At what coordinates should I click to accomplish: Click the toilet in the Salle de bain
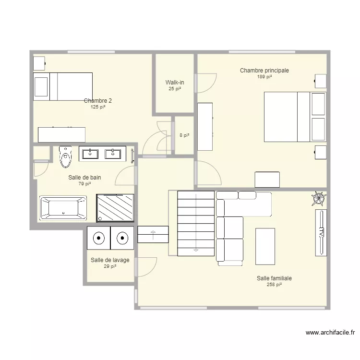pyautogui.click(x=65, y=157)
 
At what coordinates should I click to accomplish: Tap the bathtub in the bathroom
pyautogui.click(x=63, y=207)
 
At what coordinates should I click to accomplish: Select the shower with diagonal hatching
pyautogui.click(x=115, y=208)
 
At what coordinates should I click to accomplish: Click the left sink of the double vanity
pyautogui.click(x=90, y=154)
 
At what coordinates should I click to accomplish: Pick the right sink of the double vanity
pyautogui.click(x=113, y=154)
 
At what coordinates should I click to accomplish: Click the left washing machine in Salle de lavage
pyautogui.click(x=99, y=238)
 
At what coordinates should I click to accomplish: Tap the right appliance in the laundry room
pyautogui.click(x=122, y=238)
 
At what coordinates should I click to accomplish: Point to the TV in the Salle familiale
pyautogui.click(x=321, y=233)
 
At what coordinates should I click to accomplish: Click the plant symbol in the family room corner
pyautogui.click(x=319, y=199)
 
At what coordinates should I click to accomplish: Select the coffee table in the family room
pyautogui.click(x=265, y=246)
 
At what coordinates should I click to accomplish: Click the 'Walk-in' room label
pyautogui.click(x=175, y=82)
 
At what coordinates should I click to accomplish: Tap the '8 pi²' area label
pyautogui.click(x=184, y=135)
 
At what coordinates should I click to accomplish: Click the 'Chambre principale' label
pyautogui.click(x=264, y=71)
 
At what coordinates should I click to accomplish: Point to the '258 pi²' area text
pyautogui.click(x=274, y=285)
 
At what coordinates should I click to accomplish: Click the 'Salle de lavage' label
pyautogui.click(x=110, y=260)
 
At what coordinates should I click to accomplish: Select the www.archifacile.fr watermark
pyautogui.click(x=330, y=333)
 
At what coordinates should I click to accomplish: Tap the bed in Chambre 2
pyautogui.click(x=63, y=86)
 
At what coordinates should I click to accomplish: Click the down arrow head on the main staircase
pyautogui.click(x=196, y=250)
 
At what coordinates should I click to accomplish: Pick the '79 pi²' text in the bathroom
pyautogui.click(x=84, y=184)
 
